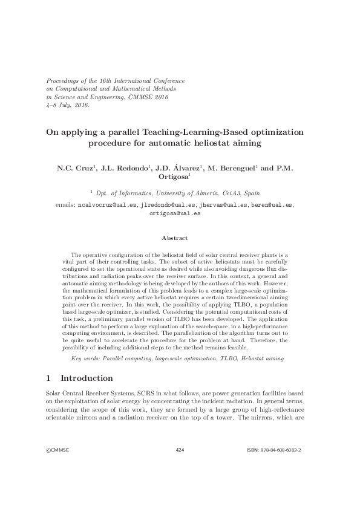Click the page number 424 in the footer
click(x=179, y=467)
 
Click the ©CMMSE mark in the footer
click(x=60, y=467)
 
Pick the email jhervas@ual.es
click(x=223, y=206)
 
